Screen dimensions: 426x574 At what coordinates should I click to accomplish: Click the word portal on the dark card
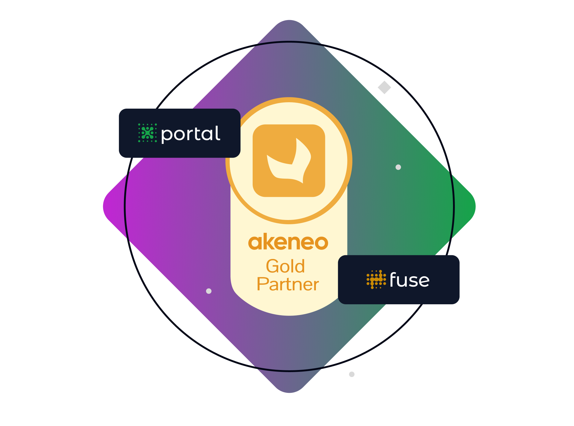pyautogui.click(x=190, y=134)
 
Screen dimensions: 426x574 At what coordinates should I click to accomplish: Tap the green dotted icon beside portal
pyautogui.click(x=147, y=133)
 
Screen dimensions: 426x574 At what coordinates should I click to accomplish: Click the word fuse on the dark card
pyautogui.click(x=410, y=280)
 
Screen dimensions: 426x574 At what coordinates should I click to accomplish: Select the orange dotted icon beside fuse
pyautogui.click(x=376, y=279)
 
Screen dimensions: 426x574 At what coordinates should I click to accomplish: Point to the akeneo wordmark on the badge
pyautogui.click(x=288, y=242)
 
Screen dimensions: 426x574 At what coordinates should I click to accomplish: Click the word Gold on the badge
pyautogui.click(x=285, y=266)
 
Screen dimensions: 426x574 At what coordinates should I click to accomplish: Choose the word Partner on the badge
pyautogui.click(x=288, y=284)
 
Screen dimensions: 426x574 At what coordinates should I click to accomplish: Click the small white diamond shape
pyautogui.click(x=384, y=87)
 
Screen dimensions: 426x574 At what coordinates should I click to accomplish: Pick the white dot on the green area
pyautogui.click(x=398, y=167)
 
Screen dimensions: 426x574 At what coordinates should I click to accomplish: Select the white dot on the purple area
pyautogui.click(x=209, y=291)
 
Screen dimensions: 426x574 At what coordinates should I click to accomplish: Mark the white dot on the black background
pyautogui.click(x=352, y=374)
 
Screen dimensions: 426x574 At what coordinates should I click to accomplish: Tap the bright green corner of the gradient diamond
pyautogui.click(x=468, y=207)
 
